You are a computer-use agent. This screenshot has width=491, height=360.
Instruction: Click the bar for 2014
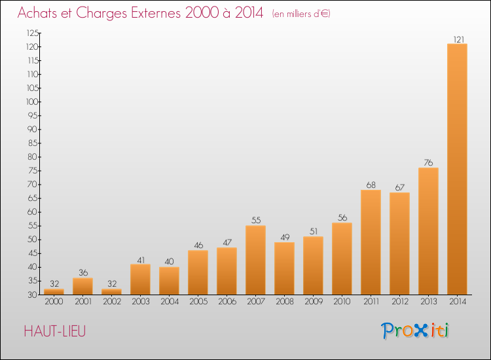[x=457, y=169]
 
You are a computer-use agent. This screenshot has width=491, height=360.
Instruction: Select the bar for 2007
[x=255, y=260]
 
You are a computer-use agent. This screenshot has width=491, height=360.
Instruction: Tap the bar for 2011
[x=371, y=242]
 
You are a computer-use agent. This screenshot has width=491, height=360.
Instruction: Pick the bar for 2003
[x=140, y=279]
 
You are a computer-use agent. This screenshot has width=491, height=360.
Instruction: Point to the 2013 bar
[x=428, y=231]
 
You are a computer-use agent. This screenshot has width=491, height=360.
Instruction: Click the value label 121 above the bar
[x=459, y=39]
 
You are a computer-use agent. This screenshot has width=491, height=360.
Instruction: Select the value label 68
[x=371, y=185]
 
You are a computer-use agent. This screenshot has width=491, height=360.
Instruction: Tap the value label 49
[x=285, y=238]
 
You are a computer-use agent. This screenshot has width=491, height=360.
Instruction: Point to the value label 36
[x=83, y=273]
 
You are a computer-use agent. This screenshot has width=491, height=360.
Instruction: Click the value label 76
[x=428, y=163]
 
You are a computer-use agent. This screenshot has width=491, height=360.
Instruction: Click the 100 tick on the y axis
[x=32, y=101]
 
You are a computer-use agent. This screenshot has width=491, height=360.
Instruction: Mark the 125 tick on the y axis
[x=33, y=33]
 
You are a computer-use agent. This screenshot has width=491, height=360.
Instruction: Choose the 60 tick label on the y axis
[x=33, y=212]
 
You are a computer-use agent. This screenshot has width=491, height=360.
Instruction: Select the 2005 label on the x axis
[x=198, y=302]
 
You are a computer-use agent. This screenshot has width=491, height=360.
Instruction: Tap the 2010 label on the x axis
[x=342, y=302]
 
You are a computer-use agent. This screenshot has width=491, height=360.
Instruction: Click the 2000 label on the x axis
[x=54, y=302]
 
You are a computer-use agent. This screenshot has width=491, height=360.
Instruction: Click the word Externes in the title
[x=156, y=13]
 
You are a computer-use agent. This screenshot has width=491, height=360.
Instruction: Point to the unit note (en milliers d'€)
[x=301, y=14]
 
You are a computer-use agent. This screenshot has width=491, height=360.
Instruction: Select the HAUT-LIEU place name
[x=55, y=331]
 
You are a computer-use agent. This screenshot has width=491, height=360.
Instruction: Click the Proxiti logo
[x=414, y=331]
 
